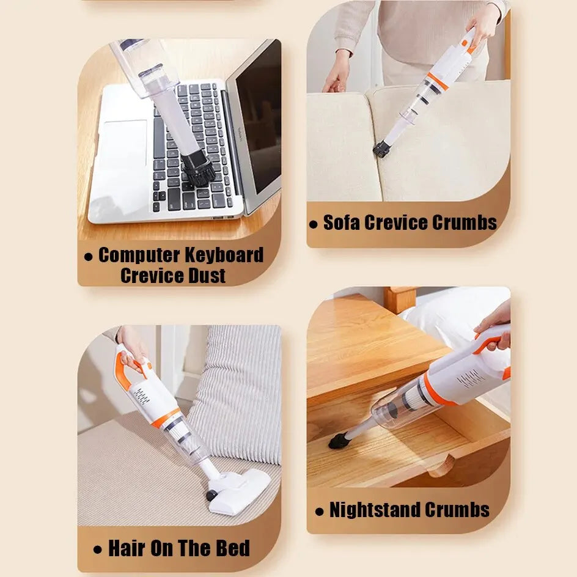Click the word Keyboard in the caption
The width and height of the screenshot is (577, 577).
(224, 255)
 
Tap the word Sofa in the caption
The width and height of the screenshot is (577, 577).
(341, 222)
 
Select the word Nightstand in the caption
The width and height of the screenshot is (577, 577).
(375, 510)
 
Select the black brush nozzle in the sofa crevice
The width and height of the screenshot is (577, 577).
(381, 149)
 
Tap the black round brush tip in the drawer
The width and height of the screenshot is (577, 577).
(338, 441)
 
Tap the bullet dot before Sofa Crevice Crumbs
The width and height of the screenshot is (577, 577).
(313, 224)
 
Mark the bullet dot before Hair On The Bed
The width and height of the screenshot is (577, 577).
(98, 549)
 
